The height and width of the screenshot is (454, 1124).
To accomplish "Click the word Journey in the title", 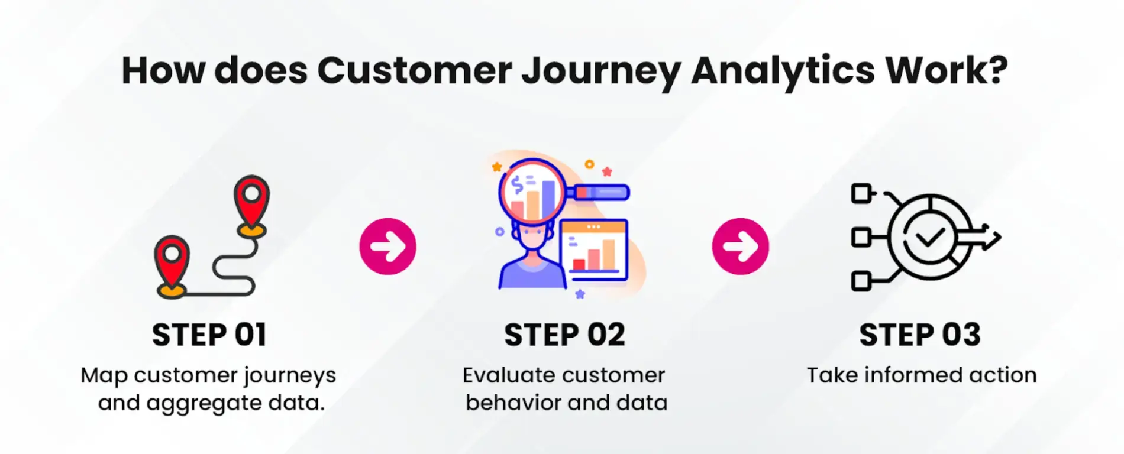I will [x=601, y=71].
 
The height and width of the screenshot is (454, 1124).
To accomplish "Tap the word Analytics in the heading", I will [x=783, y=71].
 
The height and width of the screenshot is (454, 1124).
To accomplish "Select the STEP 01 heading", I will [x=209, y=335].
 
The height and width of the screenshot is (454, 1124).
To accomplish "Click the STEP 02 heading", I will [x=564, y=335].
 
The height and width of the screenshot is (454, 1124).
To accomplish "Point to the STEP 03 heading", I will [x=920, y=335].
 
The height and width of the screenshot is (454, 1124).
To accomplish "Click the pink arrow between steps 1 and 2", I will [x=388, y=247].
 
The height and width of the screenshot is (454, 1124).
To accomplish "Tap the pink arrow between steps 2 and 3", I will [x=740, y=247].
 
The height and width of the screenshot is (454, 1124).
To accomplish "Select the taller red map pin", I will [x=252, y=201].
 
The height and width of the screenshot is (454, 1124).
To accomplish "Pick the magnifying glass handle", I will [x=600, y=193].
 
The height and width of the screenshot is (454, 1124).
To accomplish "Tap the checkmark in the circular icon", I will [x=929, y=238].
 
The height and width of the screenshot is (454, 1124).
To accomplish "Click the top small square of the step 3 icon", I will [x=861, y=193].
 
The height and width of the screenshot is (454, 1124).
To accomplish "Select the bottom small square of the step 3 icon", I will [x=861, y=281].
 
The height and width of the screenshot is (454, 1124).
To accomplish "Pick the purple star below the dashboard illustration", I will [x=580, y=294].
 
